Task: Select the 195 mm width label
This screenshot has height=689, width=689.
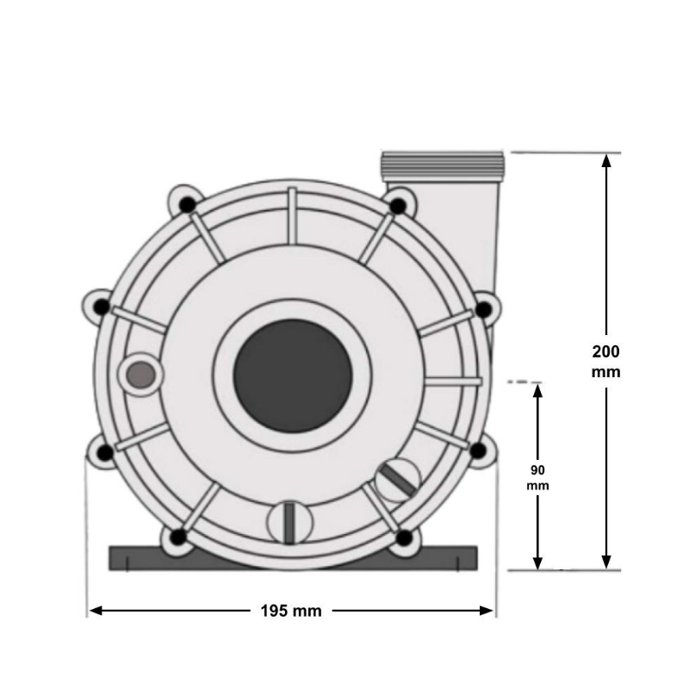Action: pyautogui.click(x=291, y=611)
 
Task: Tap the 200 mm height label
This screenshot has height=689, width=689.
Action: pyautogui.click(x=606, y=362)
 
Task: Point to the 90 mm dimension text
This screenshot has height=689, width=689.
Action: pyautogui.click(x=537, y=478)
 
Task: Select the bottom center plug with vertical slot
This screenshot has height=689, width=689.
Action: pyautogui.click(x=288, y=522)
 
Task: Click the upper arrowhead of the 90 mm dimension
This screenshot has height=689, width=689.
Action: pyautogui.click(x=537, y=389)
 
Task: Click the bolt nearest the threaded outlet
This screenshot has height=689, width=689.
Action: pyautogui.click(x=398, y=206)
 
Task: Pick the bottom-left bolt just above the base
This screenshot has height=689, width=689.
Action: pyautogui.click(x=178, y=538)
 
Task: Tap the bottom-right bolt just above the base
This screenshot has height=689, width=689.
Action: pyautogui.click(x=404, y=538)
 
